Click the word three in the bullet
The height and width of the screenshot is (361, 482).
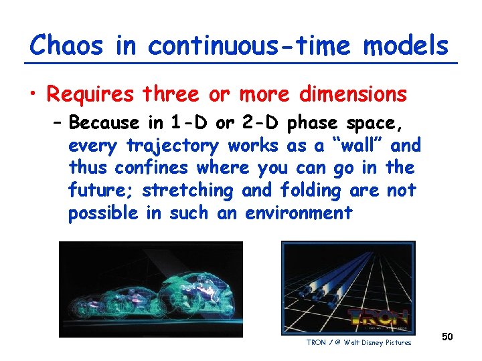(171, 95)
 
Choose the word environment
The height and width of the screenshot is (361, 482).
(299, 213)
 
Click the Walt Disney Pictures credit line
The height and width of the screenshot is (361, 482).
(359, 343)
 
